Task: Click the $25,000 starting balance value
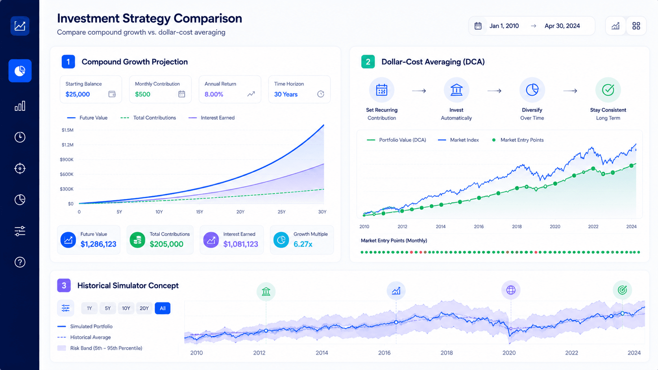coord(78,94)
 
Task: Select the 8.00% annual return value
coord(214,94)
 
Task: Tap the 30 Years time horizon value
coord(286,94)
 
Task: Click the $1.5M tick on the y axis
coord(68,130)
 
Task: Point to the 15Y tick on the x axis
coord(200,212)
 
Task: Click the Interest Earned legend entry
coord(211,118)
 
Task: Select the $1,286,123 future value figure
coord(98,244)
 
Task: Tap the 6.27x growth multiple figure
coord(303,244)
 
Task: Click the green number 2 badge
coord(368,62)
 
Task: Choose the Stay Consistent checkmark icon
coord(608,90)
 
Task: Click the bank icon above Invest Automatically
coord(456,90)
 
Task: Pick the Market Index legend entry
coord(458,140)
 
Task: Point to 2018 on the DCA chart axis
coord(517,226)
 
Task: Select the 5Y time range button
coord(107,308)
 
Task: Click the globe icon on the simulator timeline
coord(511,290)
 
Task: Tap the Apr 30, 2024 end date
coord(562,26)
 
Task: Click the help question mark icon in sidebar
coord(20,262)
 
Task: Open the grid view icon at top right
coord(636,26)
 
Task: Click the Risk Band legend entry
coord(100,348)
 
